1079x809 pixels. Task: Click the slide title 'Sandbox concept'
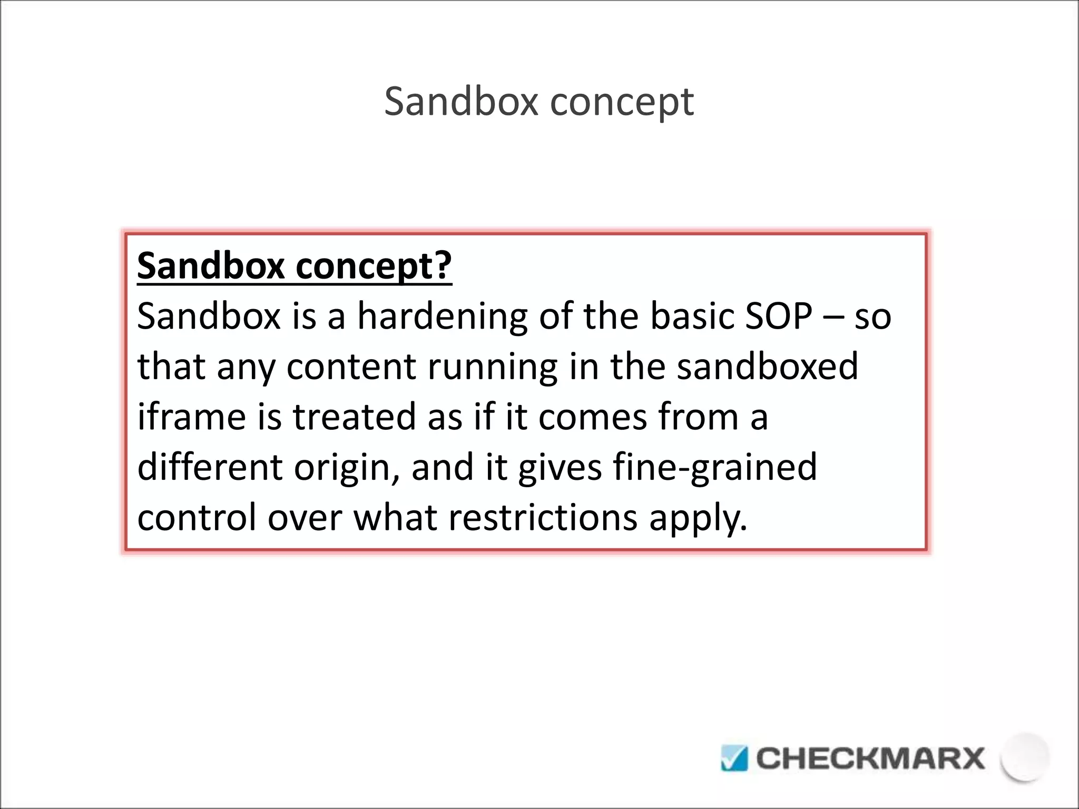pos(538,102)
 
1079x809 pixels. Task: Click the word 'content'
pos(351,367)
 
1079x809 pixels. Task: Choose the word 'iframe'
pos(191,417)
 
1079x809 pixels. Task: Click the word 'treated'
pos(354,417)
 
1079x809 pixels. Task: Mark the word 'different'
pos(210,467)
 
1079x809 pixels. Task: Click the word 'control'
pos(197,517)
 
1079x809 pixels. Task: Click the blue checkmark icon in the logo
pos(734,758)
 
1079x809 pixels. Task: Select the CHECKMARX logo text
pos(870,758)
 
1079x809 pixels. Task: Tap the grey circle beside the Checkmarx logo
pos(1025,757)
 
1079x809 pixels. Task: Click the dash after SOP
pos(833,317)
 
